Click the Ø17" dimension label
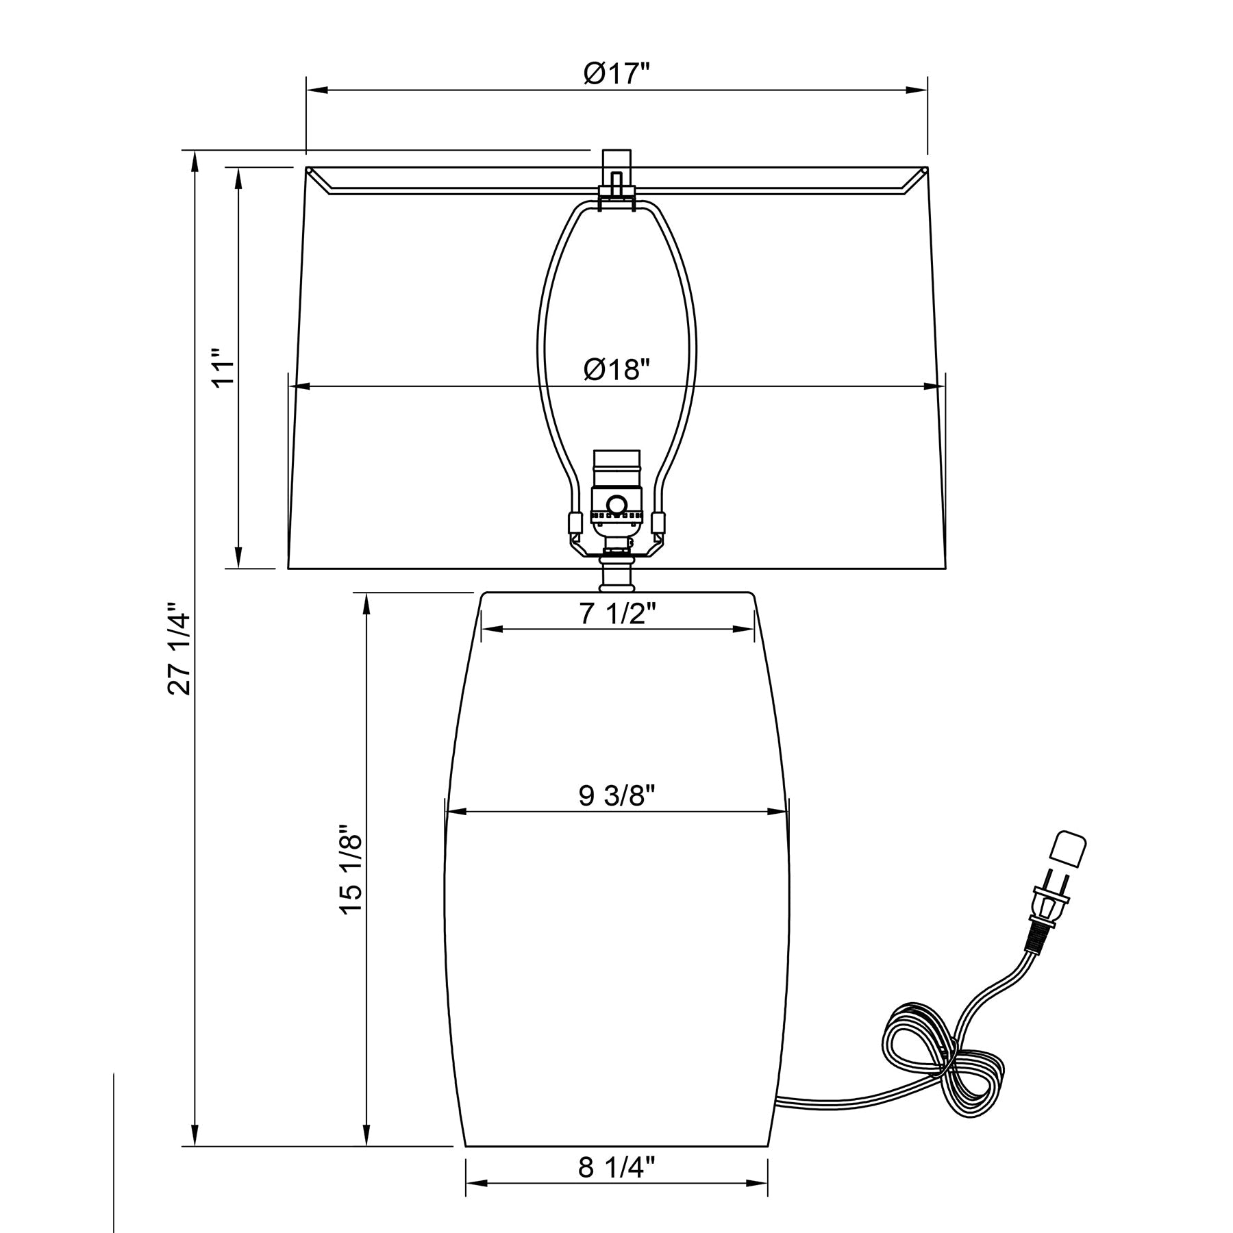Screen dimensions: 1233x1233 616,73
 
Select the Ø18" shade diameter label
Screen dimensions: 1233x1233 616,370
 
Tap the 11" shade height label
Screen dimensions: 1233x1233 224,369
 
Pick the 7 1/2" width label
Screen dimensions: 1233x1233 618,614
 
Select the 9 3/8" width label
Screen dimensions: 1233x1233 617,795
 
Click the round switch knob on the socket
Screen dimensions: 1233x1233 616,506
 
